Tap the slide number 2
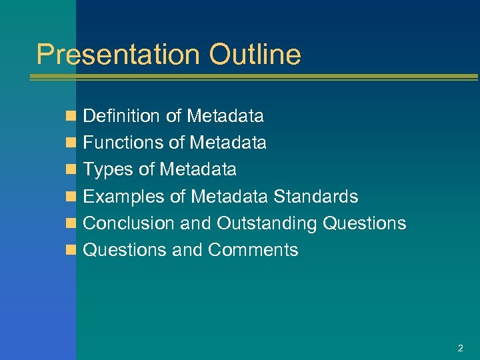tap(460, 348)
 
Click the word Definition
tap(122, 116)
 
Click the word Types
tap(108, 170)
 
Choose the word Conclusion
tap(129, 223)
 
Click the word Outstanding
tap(267, 223)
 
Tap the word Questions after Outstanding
tap(364, 223)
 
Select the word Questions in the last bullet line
tap(125, 250)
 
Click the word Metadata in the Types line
tap(198, 169)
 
